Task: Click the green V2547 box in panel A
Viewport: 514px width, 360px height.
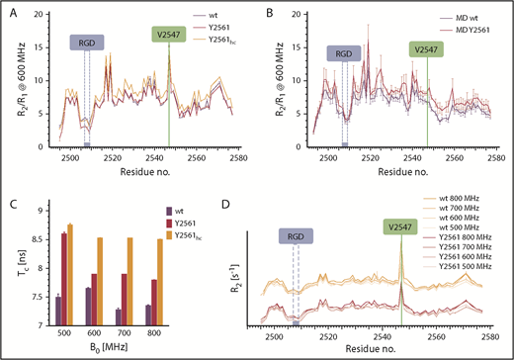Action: pyautogui.click(x=169, y=35)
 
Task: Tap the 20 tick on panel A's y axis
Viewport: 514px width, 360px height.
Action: pyautogui.click(x=36, y=14)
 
